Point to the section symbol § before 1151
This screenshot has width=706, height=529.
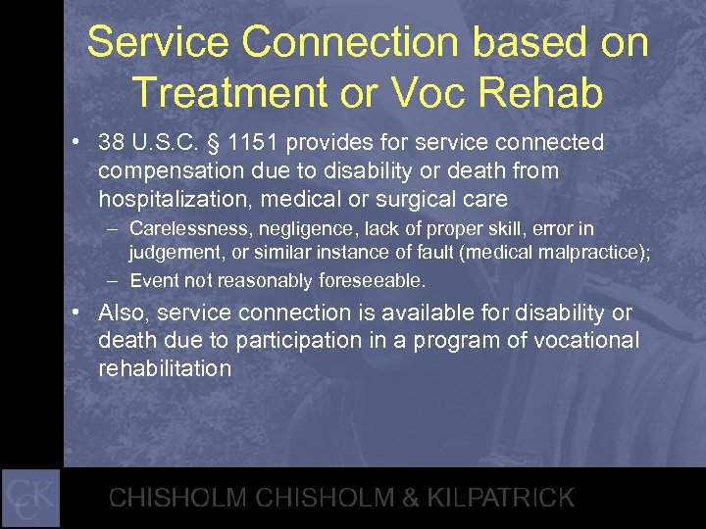coord(213,143)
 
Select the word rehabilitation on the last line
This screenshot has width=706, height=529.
coord(165,369)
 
